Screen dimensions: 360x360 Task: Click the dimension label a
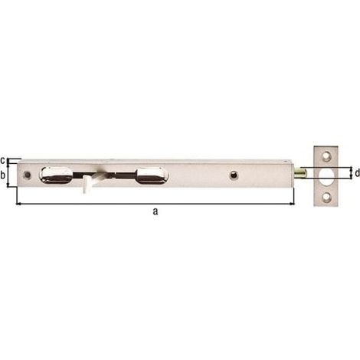155,211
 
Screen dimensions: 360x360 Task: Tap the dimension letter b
3,175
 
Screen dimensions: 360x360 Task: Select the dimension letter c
2,161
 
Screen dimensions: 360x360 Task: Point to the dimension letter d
357,173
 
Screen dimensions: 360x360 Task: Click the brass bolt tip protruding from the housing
300,173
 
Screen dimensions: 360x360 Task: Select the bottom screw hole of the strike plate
326,197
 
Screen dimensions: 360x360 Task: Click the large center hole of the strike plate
326,176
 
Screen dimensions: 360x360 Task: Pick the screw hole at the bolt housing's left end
27,175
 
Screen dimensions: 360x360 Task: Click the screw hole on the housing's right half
234,175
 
